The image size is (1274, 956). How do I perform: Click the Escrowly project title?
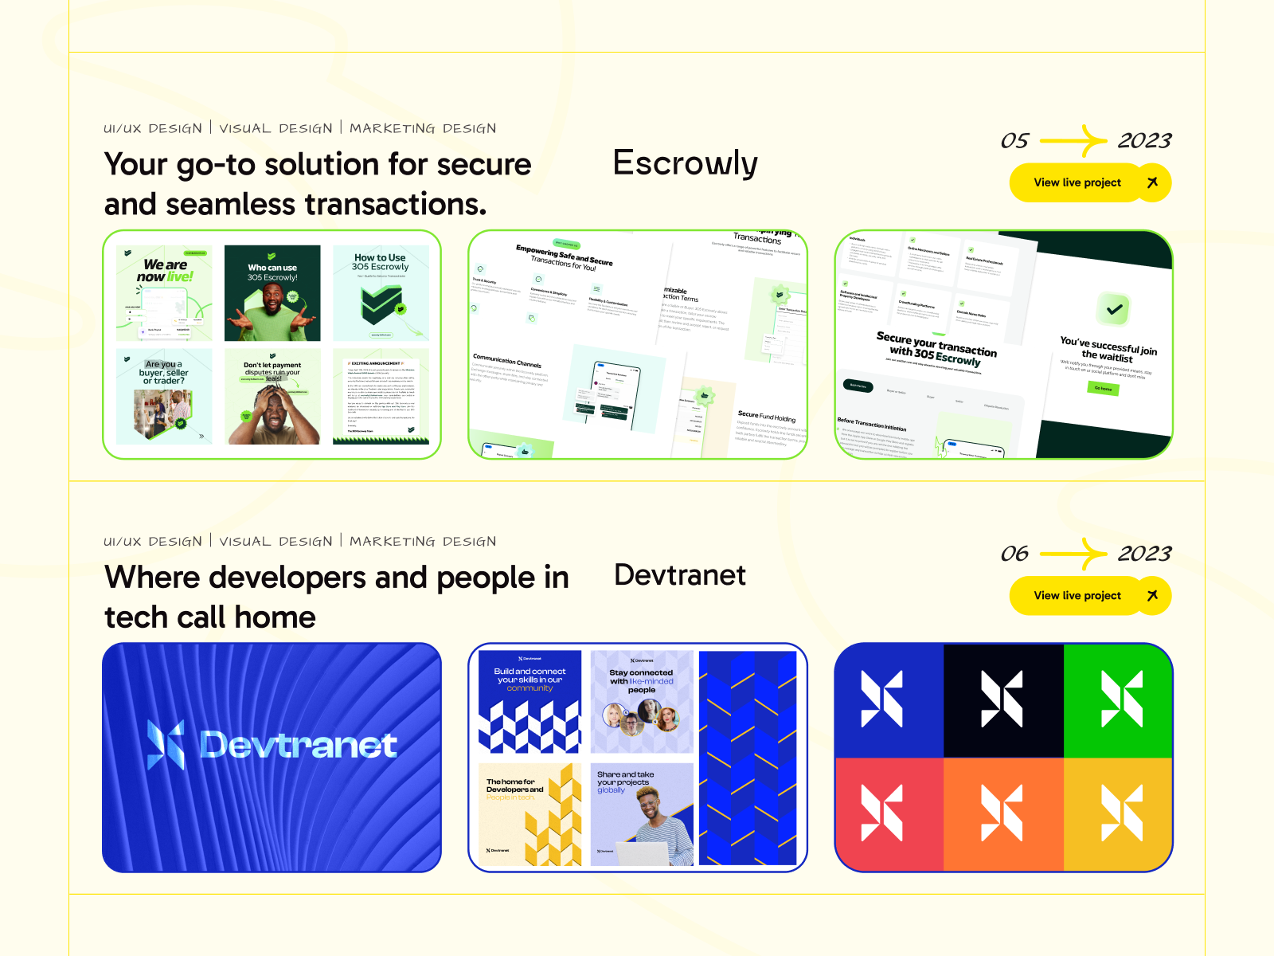click(x=685, y=164)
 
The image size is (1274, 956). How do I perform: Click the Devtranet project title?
click(x=680, y=575)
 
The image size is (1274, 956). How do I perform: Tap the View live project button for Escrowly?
click(x=1089, y=182)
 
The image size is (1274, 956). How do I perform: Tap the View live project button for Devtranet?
click(x=1089, y=595)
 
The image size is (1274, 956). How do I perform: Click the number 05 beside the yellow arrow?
click(x=1014, y=141)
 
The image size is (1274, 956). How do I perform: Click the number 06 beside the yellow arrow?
click(x=1014, y=554)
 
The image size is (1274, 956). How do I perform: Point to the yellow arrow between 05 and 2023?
click(x=1073, y=141)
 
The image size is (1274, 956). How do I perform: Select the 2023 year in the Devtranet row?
click(x=1144, y=554)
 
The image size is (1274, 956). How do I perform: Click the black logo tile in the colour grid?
click(x=1002, y=699)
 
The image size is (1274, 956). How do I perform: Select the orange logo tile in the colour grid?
click(x=1002, y=813)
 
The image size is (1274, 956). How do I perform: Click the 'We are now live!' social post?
click(x=164, y=292)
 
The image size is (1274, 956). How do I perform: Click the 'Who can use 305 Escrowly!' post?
click(x=272, y=292)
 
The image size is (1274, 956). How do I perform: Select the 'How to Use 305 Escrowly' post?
click(x=381, y=292)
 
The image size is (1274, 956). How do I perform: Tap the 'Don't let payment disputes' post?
click(x=272, y=396)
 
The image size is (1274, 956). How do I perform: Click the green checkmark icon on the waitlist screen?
click(x=1115, y=309)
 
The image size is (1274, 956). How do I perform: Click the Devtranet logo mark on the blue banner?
click(x=166, y=745)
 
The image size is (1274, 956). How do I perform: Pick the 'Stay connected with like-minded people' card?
click(x=641, y=702)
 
